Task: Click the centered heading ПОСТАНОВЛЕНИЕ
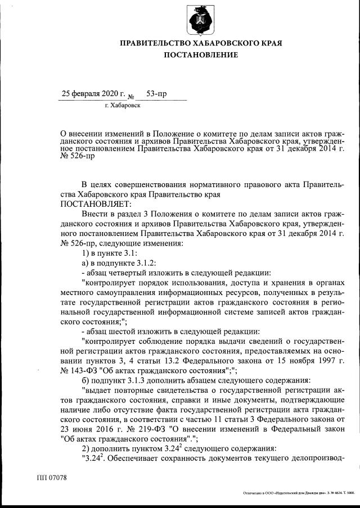201,55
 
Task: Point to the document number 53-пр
156,93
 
